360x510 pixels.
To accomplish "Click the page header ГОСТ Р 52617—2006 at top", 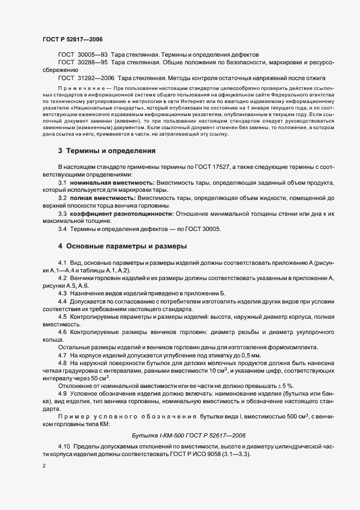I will pos(72,40).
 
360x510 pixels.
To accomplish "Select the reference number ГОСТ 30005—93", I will pos(84,55).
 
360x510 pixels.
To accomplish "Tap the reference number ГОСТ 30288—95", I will pos(84,63).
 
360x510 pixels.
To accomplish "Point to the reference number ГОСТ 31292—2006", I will pos(87,78).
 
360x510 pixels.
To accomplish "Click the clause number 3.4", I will pos(62,229).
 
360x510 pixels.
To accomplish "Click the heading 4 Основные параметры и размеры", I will pos(123,246).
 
